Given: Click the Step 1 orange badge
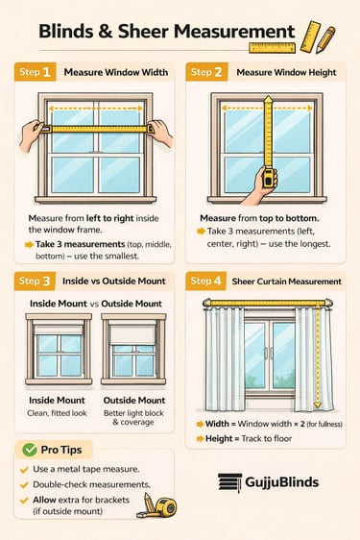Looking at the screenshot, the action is coord(35,72).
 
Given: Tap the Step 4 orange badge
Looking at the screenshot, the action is coord(205,281).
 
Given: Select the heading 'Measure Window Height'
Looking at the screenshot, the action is coord(286,73).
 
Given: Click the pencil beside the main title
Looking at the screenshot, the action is coord(325,40).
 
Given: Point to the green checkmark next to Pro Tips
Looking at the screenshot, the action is coord(29,450).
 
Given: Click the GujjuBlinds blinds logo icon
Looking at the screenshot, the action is coord(229,482).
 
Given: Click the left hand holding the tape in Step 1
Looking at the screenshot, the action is coord(31,135).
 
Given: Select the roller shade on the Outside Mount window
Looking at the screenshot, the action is coord(132,334).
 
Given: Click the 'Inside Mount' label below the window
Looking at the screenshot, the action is coord(57,400).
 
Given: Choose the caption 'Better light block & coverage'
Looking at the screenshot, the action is coord(133,417).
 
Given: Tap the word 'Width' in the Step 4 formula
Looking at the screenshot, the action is coord(217,424).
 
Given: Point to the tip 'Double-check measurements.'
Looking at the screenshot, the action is coord(91,484).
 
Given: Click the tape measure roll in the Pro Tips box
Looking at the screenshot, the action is coord(166,507).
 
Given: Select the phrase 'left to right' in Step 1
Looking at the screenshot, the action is coord(109,218).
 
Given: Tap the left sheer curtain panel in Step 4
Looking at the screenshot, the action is coord(225,358).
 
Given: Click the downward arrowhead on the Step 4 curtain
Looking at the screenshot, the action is coord(318,405).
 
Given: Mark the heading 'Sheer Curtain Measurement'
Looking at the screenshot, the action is coord(287,282).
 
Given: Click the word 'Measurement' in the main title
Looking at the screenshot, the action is coord(234,32).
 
